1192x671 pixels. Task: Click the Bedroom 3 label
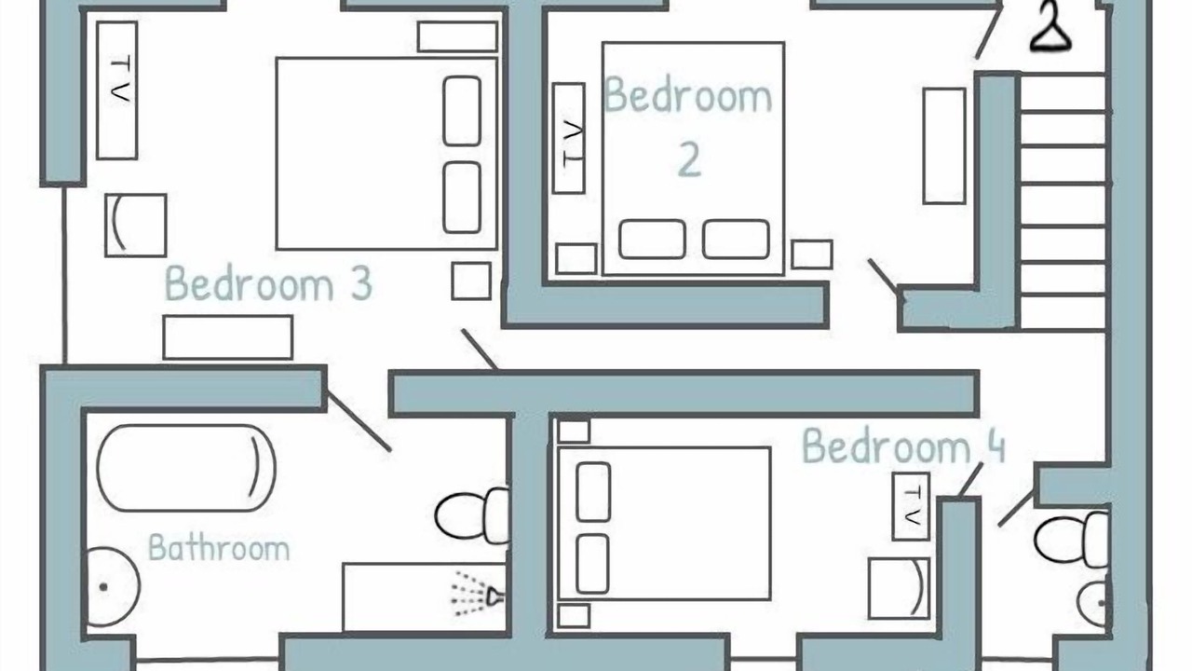(268, 283)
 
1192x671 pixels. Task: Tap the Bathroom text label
(219, 547)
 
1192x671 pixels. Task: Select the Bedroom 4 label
(903, 446)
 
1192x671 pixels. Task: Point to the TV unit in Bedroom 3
(117, 90)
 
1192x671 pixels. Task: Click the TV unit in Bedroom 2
(569, 138)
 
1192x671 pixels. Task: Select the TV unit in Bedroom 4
(911, 506)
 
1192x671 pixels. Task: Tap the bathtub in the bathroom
(186, 468)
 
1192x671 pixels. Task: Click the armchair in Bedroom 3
(136, 226)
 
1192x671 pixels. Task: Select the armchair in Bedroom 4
(900, 588)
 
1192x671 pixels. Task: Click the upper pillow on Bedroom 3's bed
(462, 111)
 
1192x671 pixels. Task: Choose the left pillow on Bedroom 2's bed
(652, 240)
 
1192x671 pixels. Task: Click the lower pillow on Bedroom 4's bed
(592, 564)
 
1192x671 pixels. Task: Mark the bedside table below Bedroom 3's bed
(471, 281)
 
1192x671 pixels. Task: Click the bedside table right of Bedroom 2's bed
(812, 254)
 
